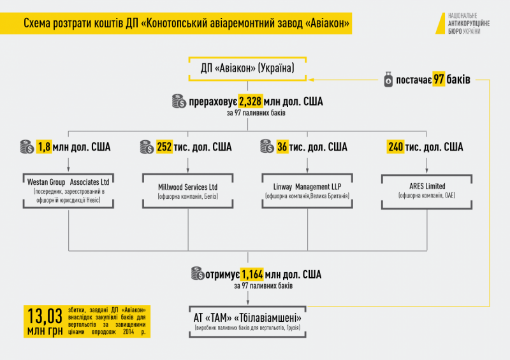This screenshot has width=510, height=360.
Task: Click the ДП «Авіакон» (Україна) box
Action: [x=247, y=69]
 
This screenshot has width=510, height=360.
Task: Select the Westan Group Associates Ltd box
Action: [x=69, y=189]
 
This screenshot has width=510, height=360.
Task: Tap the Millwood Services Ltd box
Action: [x=187, y=190]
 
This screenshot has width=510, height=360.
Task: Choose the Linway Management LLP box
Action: [x=308, y=190]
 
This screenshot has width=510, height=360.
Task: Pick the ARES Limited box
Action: [x=427, y=190]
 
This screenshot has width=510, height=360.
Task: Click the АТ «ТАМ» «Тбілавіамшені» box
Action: [x=247, y=320]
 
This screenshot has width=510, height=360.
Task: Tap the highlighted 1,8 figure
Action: [x=45, y=147]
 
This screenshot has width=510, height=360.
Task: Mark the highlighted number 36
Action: [x=282, y=147]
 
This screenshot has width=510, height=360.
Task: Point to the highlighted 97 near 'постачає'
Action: [x=439, y=80]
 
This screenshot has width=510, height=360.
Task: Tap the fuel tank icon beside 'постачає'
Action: [x=388, y=80]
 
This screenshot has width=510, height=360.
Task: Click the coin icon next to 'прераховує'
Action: [x=178, y=101]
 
